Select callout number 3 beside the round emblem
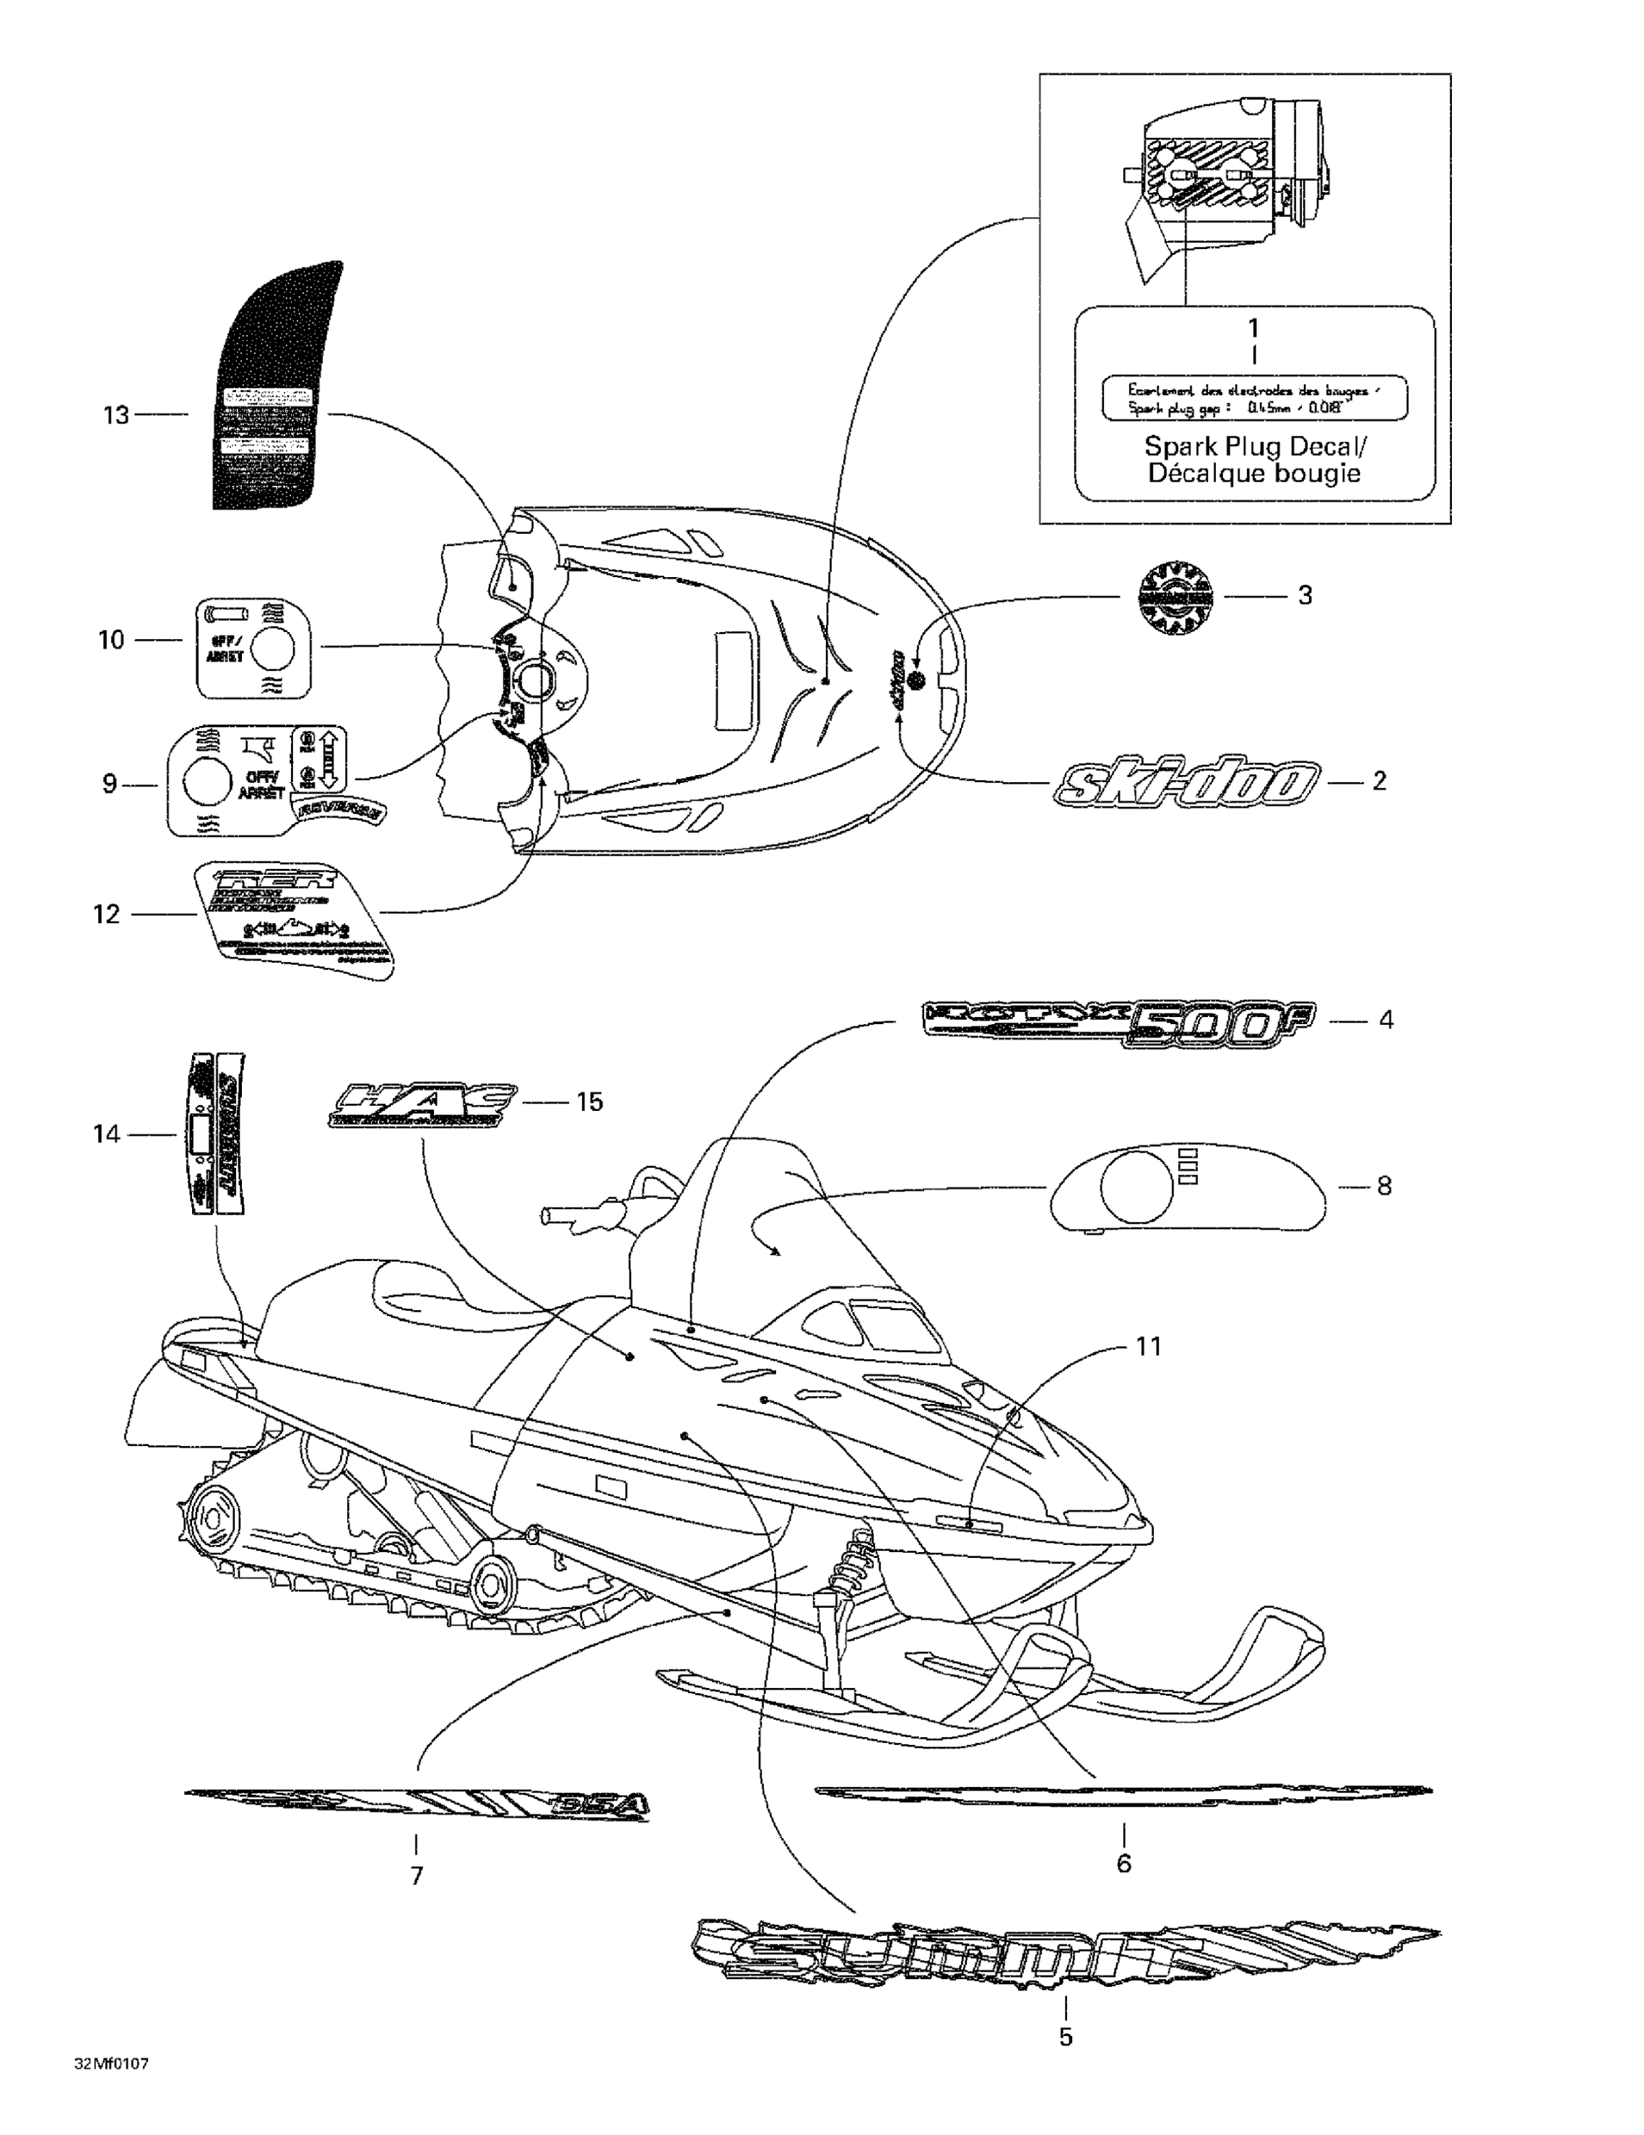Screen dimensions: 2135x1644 pyautogui.click(x=1304, y=596)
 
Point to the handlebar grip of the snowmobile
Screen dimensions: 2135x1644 pyautogui.click(x=565, y=1217)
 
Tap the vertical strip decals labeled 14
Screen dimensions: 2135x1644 pyautogui.click(x=218, y=1133)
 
